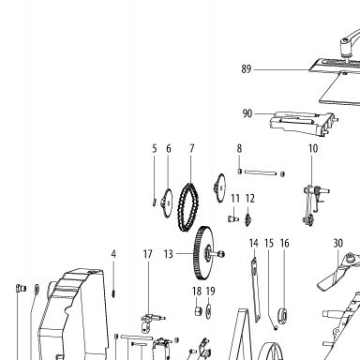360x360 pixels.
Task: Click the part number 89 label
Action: pos(247,69)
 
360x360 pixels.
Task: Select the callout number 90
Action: pos(247,113)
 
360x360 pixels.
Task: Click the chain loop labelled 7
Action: pos(188,207)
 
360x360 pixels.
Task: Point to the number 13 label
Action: pos(169,254)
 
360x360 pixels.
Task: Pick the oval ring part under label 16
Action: pos(283,315)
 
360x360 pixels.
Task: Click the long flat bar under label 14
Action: pos(255,289)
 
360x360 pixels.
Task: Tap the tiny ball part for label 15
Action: pos(276,328)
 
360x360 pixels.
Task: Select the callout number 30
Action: pos(338,243)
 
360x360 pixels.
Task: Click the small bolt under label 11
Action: pos(233,218)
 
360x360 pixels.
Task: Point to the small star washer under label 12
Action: pos(248,219)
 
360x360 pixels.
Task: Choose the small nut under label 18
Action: pos(198,311)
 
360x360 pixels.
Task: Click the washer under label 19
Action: pos(209,311)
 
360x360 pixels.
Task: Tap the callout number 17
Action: pos(148,254)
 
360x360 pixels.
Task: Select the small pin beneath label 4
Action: pos(114,293)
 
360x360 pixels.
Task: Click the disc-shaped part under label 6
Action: pos(167,202)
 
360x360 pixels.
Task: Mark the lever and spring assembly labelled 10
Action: pos(315,204)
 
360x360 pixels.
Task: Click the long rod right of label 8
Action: pos(261,172)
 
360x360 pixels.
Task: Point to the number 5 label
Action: pos(155,149)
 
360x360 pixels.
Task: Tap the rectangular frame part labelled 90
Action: pos(303,124)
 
